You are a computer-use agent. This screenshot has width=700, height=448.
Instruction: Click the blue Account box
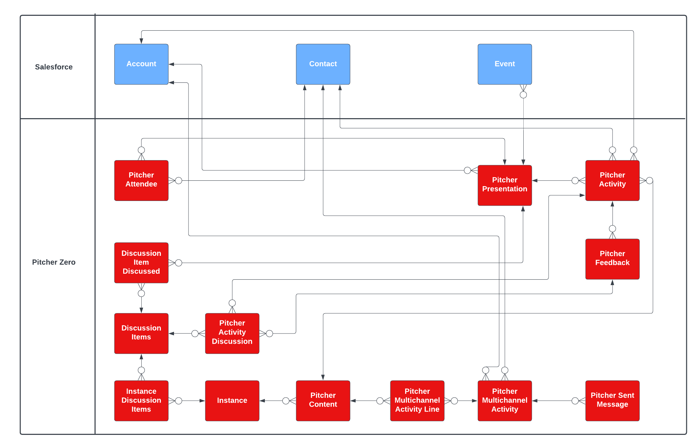[x=141, y=64]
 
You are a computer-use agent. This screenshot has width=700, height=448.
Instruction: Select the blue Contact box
[x=323, y=64]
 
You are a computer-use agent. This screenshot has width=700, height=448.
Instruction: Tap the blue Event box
[x=505, y=64]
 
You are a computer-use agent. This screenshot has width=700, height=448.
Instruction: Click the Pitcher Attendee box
[x=141, y=180]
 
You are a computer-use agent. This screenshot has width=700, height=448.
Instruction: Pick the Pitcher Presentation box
[x=505, y=185]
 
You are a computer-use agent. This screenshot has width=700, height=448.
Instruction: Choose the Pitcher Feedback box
[x=612, y=259]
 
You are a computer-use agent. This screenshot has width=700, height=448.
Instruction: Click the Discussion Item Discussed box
[x=141, y=263]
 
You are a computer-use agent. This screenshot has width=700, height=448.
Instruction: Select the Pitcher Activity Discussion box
[x=232, y=333]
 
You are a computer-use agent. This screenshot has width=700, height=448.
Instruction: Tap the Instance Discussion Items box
[x=141, y=401]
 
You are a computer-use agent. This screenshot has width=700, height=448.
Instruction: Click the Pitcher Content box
[x=323, y=401]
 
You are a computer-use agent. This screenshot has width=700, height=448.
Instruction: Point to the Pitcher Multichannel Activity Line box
[x=417, y=401]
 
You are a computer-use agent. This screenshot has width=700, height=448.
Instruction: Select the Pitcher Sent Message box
[x=612, y=401]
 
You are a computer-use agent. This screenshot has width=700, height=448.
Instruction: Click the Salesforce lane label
[x=54, y=67]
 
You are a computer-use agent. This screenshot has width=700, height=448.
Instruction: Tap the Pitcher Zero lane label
[x=54, y=262]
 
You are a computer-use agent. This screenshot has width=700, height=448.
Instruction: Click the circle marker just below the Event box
[x=523, y=95]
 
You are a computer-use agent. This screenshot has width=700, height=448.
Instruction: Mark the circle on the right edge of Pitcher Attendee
[x=179, y=181]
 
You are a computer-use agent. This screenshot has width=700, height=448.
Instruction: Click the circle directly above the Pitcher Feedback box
[x=612, y=229]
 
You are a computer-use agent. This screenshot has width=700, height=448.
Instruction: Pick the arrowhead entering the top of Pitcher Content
[x=323, y=377]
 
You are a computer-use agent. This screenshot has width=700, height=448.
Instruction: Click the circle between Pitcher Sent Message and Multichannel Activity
[x=575, y=401]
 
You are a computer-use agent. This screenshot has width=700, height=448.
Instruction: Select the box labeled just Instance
[x=232, y=401]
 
